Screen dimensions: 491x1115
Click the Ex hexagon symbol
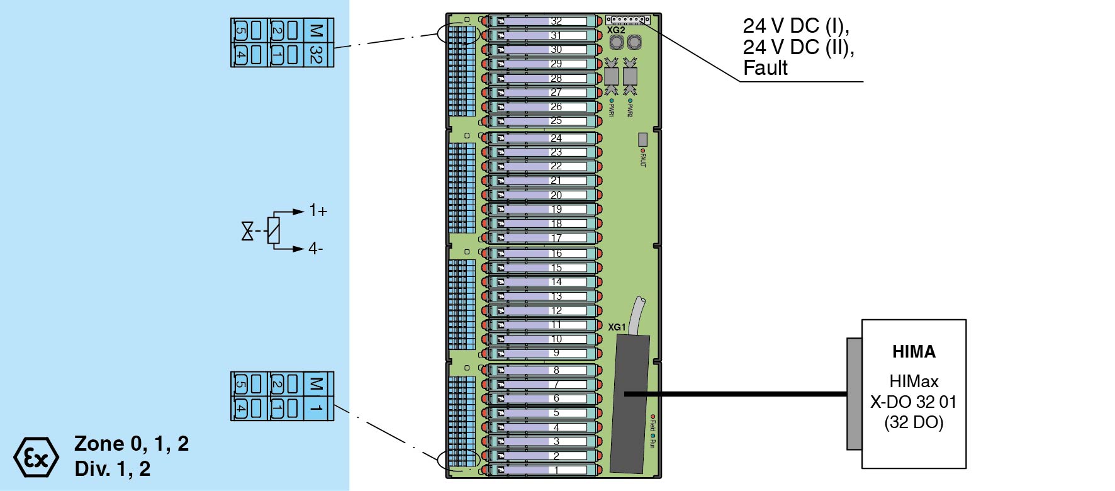[x=36, y=457]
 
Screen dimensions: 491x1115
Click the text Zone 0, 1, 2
[x=132, y=443]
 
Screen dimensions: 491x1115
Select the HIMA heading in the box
[x=914, y=351]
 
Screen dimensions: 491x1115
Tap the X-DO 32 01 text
[x=913, y=402]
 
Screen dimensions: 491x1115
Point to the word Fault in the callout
[x=765, y=68]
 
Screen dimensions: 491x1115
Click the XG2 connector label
[x=616, y=30]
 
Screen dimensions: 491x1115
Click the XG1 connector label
[x=617, y=327]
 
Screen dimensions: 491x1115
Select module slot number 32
[x=556, y=21]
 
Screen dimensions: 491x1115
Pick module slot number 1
[x=556, y=470]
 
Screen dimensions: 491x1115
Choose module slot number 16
[x=556, y=253]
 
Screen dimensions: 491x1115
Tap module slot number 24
[x=556, y=138]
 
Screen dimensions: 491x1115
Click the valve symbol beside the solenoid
[x=247, y=231]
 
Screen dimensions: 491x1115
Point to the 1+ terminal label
[x=318, y=211]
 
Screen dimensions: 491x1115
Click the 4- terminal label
[x=315, y=249]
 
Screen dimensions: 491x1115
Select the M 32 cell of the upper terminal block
[x=317, y=43]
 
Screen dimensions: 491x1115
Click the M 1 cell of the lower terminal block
[x=317, y=396]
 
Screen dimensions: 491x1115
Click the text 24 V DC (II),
[x=798, y=47]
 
